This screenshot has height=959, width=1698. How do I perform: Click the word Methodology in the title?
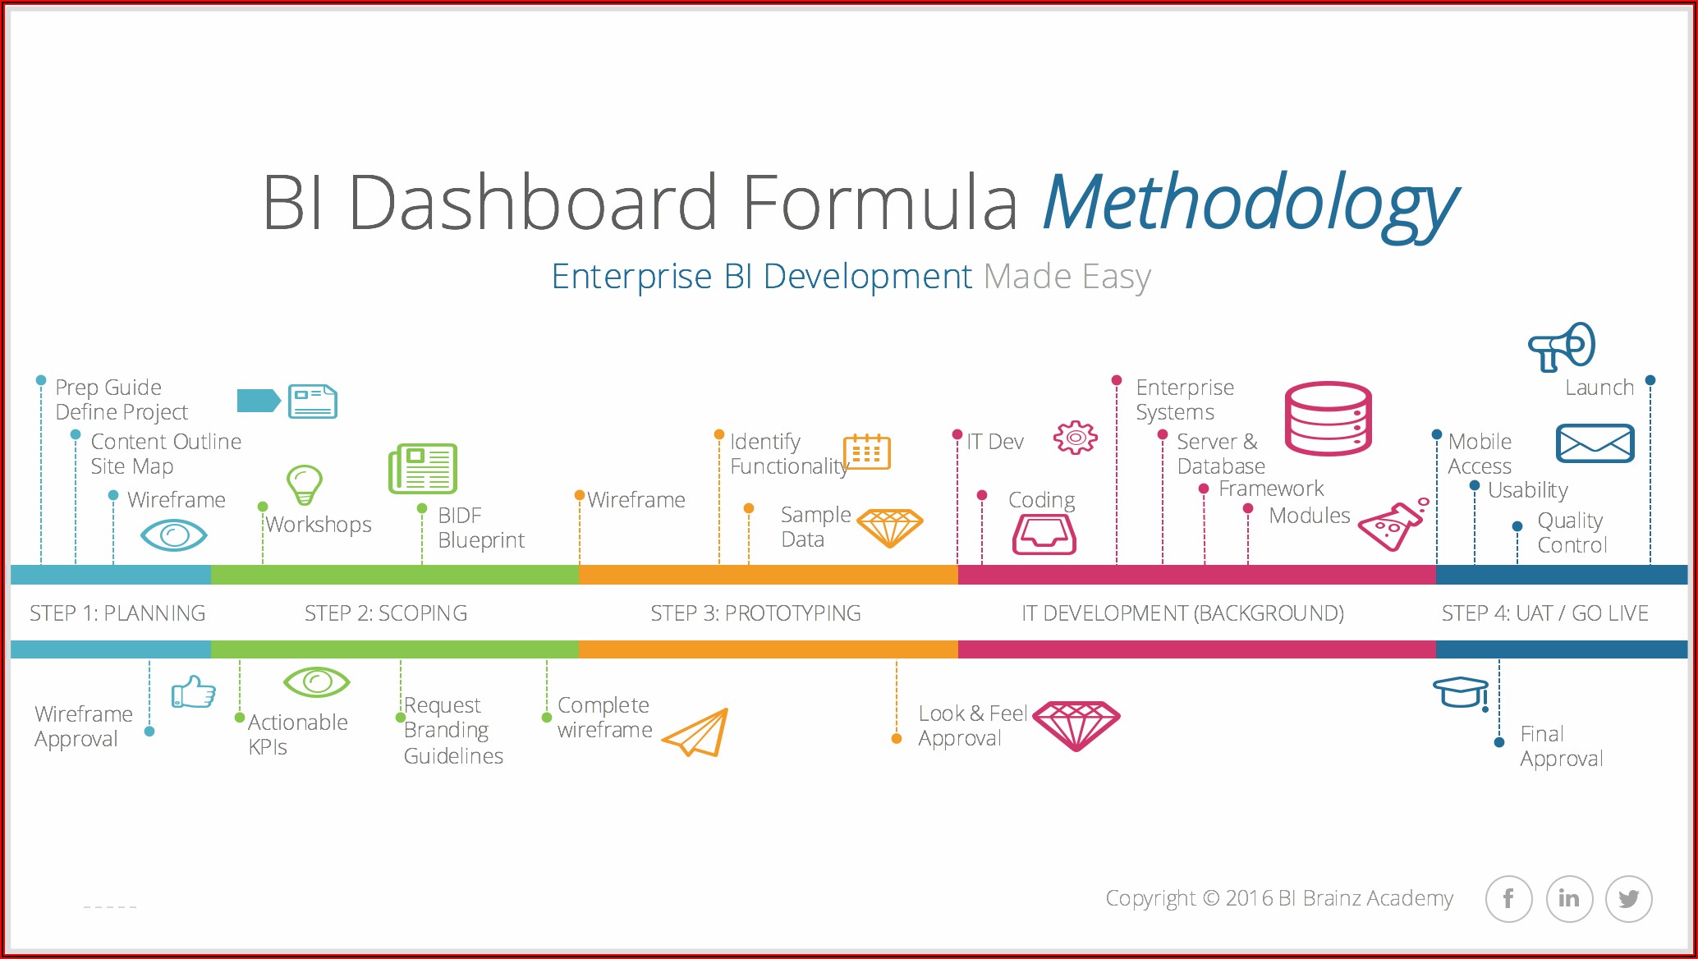point(1250,204)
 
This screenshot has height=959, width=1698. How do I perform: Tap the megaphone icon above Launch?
point(1561,346)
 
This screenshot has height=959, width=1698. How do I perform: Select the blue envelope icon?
point(1595,443)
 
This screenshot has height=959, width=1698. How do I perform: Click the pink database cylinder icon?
point(1328,419)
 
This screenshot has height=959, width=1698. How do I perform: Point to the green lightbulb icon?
point(305,484)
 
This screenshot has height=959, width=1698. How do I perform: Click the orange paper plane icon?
point(696,732)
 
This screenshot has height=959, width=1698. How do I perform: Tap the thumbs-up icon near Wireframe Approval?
point(193,692)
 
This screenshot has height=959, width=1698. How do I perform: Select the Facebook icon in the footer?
point(1508,899)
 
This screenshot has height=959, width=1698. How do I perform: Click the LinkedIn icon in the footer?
point(1569,899)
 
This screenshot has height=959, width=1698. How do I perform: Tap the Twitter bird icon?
point(1629,899)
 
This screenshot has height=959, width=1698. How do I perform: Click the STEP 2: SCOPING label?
point(386,613)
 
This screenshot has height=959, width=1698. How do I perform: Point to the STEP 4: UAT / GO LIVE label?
point(1544,613)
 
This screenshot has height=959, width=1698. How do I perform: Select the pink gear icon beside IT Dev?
point(1076,438)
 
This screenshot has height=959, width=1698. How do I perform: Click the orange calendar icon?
point(867,452)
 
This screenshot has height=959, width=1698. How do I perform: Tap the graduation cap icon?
point(1461,692)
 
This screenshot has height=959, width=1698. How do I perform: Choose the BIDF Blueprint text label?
point(480,528)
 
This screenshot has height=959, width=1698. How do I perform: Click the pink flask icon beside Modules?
point(1392,525)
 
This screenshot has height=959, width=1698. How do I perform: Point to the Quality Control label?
point(1571,533)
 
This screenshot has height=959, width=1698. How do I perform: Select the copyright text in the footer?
point(1278,898)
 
